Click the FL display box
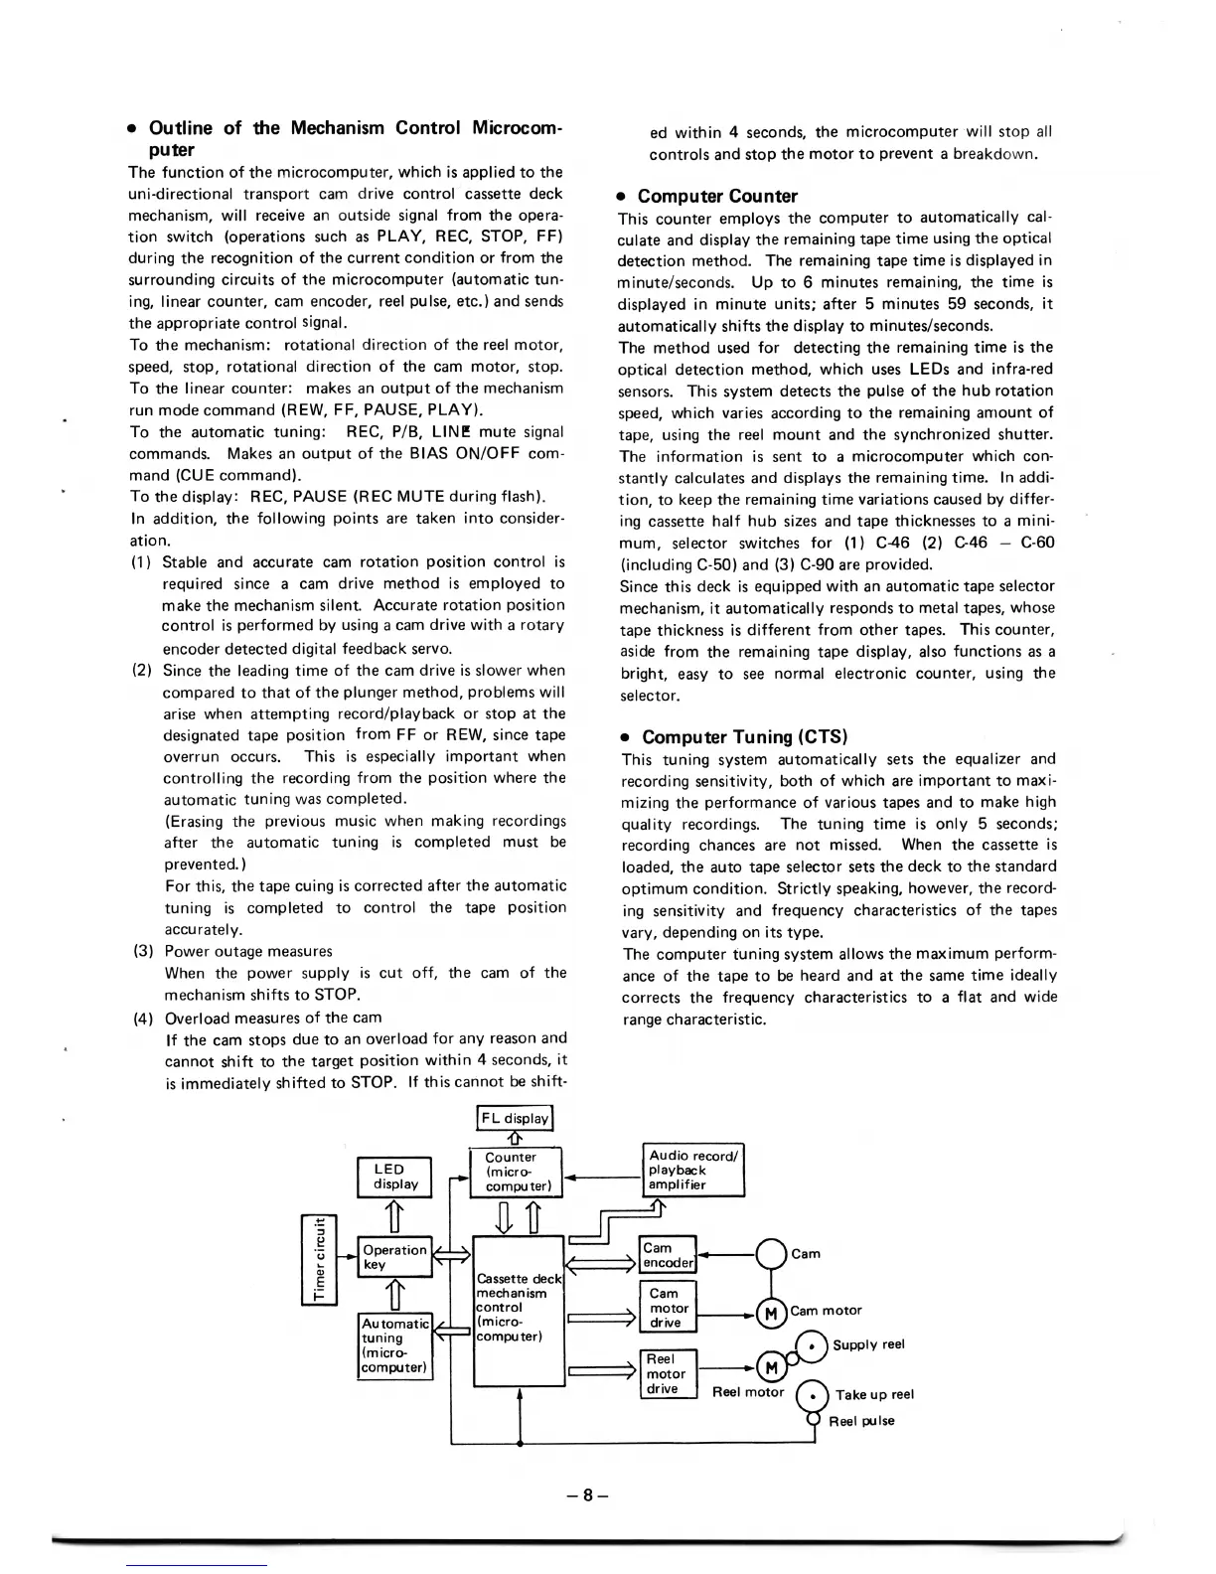(515, 1118)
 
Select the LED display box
(395, 1177)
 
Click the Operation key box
(395, 1257)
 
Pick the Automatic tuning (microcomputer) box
(395, 1346)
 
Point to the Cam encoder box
(669, 1255)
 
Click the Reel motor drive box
(669, 1373)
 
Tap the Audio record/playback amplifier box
(692, 1170)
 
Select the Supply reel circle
(814, 1344)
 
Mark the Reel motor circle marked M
(771, 1367)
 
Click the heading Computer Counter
(716, 196)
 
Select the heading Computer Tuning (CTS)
(743, 736)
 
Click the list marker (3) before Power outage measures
(143, 951)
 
